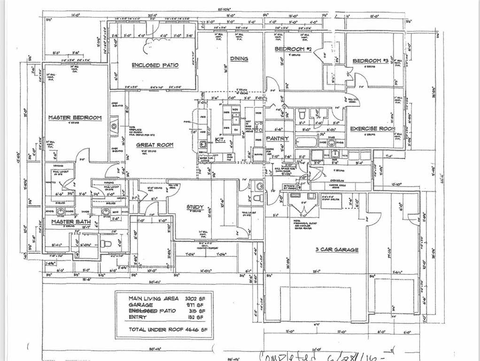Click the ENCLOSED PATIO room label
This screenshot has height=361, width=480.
pyautogui.click(x=155, y=65)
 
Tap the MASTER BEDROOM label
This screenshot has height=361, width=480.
pyautogui.click(x=75, y=118)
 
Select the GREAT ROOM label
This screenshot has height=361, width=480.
pyautogui.click(x=155, y=145)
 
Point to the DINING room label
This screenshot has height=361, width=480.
pyautogui.click(x=239, y=59)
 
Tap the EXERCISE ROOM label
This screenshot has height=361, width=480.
pyautogui.click(x=372, y=128)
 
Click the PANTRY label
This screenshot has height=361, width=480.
pyautogui.click(x=277, y=139)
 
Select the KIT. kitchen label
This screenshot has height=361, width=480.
pyautogui.click(x=221, y=140)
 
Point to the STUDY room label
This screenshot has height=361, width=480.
pyautogui.click(x=194, y=207)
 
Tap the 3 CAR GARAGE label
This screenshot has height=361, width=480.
pyautogui.click(x=337, y=250)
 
